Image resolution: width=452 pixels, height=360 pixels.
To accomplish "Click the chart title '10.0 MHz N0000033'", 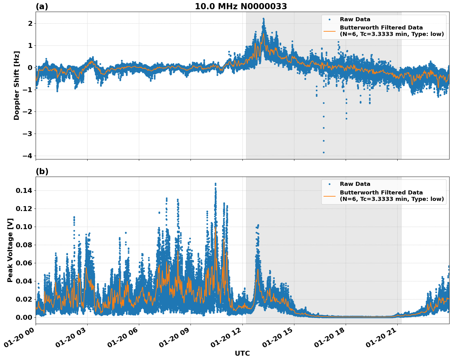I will point(241,6).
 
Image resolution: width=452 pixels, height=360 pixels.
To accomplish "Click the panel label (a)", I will point(42,6).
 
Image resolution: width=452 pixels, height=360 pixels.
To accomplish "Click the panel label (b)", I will point(42,171).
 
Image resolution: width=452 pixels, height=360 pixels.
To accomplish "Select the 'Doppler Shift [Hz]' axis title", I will point(17,85).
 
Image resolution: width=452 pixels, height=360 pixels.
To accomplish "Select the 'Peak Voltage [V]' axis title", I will point(10,250).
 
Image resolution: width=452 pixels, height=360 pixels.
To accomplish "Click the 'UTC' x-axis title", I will point(242,353).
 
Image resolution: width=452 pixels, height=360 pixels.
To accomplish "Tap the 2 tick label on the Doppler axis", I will point(30,23).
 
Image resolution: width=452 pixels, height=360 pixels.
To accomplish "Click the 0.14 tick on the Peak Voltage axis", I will point(24,191).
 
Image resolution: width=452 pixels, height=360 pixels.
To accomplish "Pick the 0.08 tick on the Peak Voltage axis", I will point(24,245).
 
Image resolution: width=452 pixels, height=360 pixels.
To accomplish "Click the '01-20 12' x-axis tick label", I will point(226,341).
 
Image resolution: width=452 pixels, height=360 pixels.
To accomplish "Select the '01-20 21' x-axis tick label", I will point(381,341).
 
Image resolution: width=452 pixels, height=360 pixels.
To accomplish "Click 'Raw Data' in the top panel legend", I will point(355,19).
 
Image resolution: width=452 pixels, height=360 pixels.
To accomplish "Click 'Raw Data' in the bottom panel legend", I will point(355,184).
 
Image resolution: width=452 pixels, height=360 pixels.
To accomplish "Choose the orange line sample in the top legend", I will point(329,31).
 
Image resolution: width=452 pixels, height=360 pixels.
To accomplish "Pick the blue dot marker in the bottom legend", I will point(329,184).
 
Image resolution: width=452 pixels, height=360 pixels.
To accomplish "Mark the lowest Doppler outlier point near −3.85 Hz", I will point(324,152).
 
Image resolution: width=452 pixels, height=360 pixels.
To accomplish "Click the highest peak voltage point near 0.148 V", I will point(215,184).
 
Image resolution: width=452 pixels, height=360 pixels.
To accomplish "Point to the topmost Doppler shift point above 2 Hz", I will point(263,18).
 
